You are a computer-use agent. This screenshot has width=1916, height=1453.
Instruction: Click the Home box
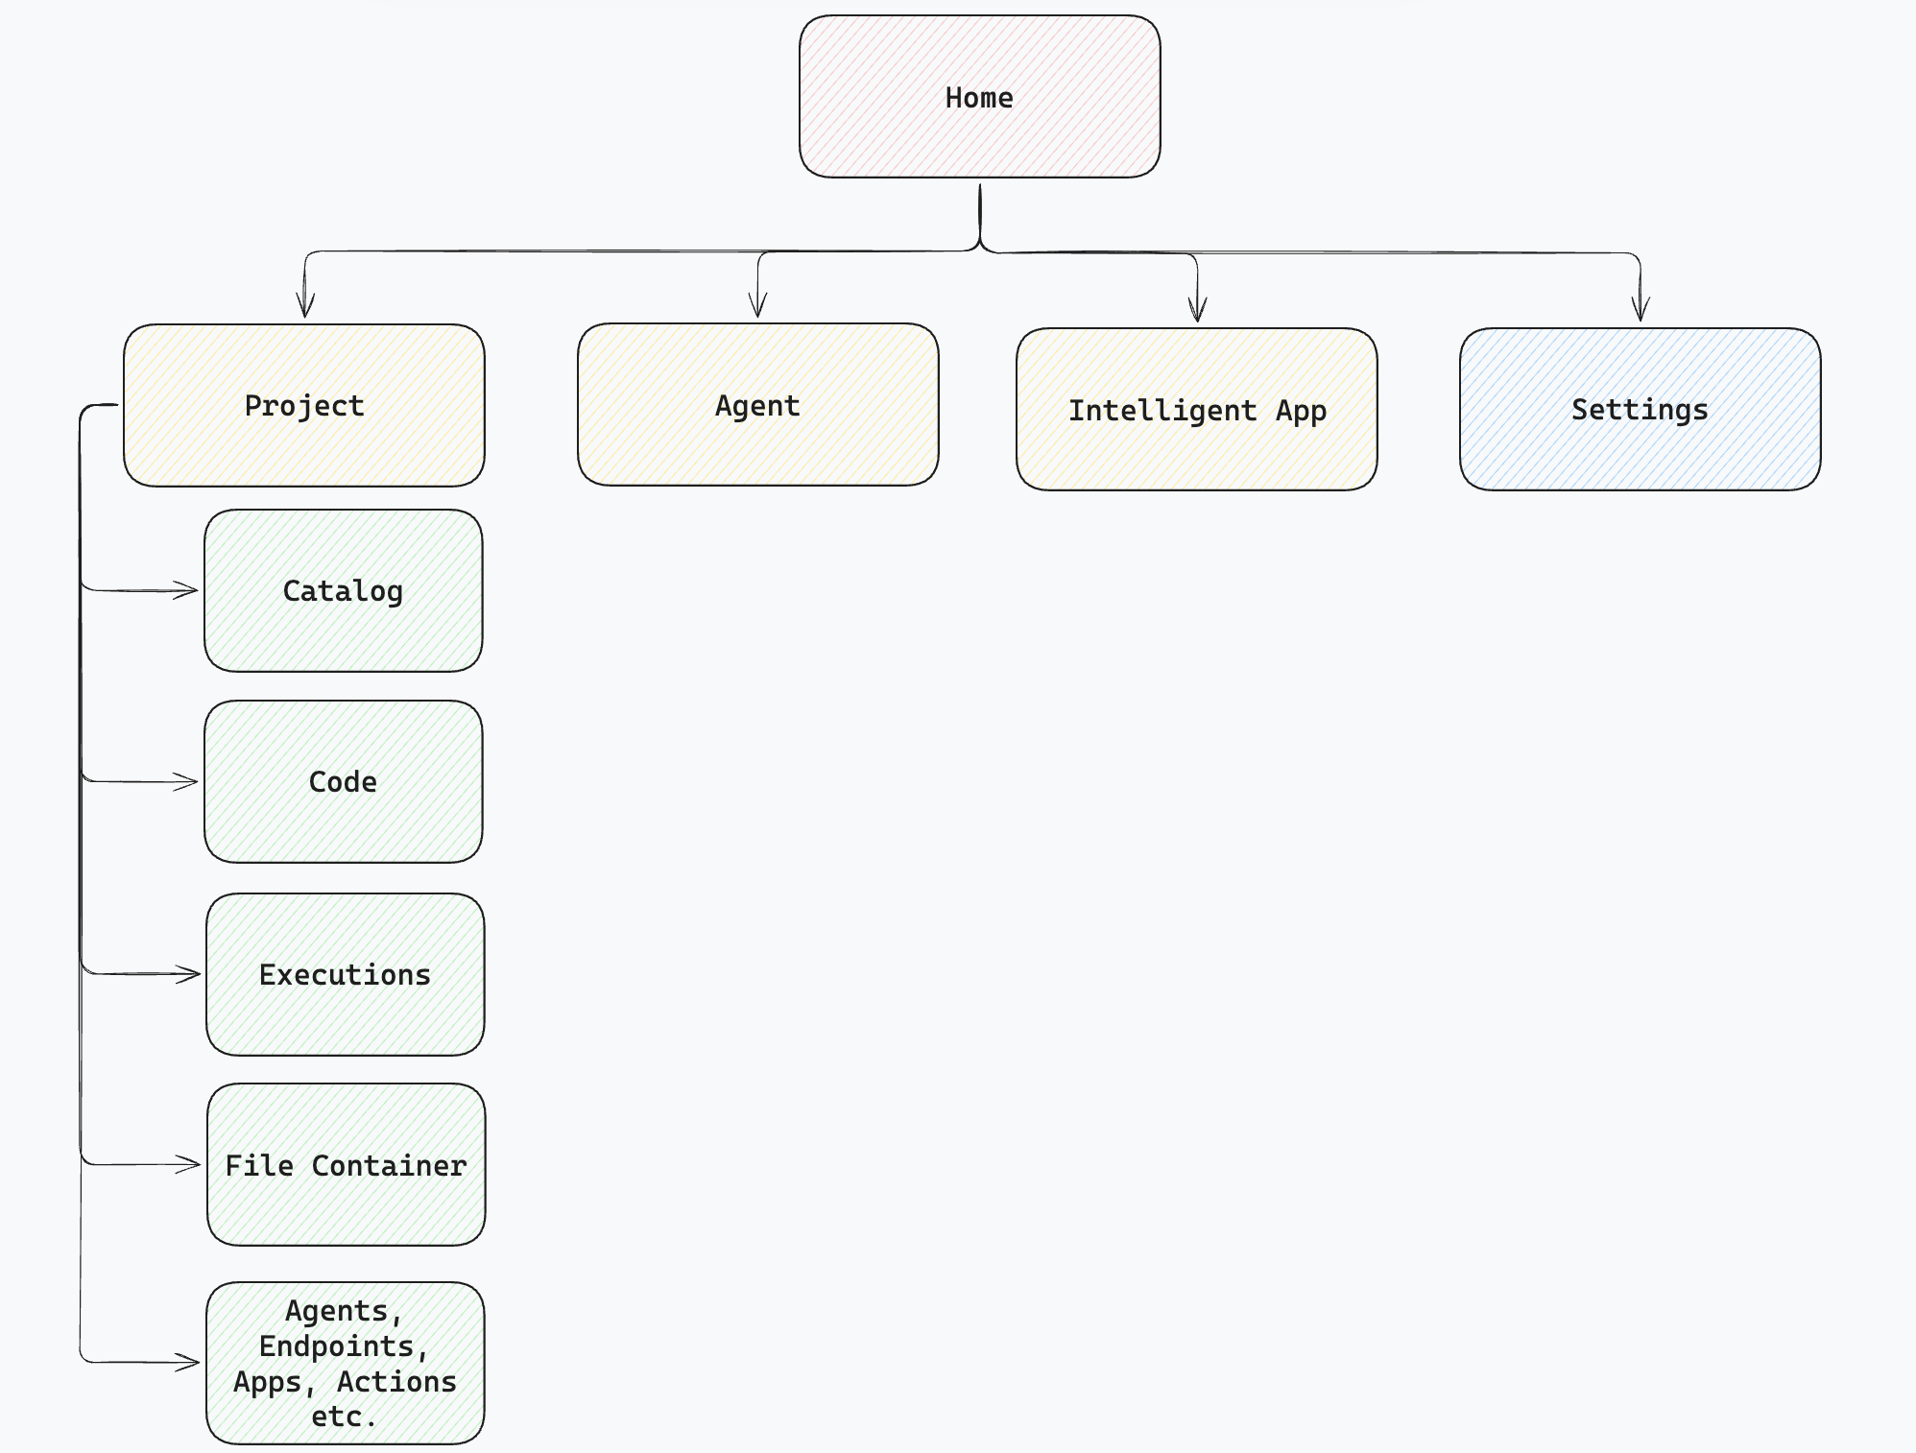pos(979,96)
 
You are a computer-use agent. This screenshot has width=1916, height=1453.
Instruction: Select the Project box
pos(303,405)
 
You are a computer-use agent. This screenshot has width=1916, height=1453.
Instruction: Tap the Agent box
pos(757,405)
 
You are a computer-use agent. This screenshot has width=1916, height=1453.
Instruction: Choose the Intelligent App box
pos(1196,410)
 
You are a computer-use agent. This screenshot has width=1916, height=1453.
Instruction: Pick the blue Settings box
pos(1640,410)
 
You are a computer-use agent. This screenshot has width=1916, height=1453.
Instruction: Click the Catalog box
pos(343,590)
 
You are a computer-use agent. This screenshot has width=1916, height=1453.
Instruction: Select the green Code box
pos(343,781)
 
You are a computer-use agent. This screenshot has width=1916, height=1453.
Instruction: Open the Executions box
pos(345,974)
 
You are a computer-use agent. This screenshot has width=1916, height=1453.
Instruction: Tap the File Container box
pos(346,1164)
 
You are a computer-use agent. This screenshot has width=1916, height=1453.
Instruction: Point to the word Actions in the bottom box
pos(396,1381)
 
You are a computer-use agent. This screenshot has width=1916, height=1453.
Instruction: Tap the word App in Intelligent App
pos(1301,411)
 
